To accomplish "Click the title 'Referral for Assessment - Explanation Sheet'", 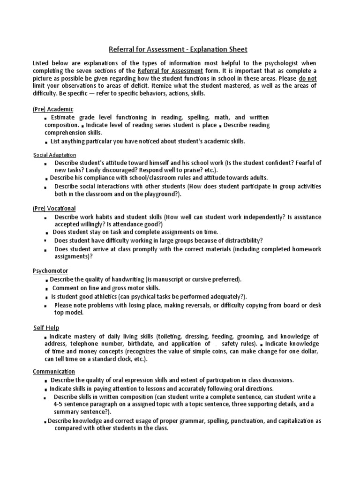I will tap(178, 49).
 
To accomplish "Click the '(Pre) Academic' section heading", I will tap(53, 109).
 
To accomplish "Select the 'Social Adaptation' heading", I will tap(54, 155).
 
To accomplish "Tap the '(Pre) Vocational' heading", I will tap(54, 208).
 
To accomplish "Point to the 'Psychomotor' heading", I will tap(50, 270).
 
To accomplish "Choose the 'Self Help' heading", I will tap(46, 328).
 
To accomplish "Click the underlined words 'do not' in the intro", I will tap(307, 78).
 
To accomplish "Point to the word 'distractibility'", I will tap(238, 240).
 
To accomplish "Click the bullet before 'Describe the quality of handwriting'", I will tap(47, 280).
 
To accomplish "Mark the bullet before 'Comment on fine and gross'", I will tap(47, 289).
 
